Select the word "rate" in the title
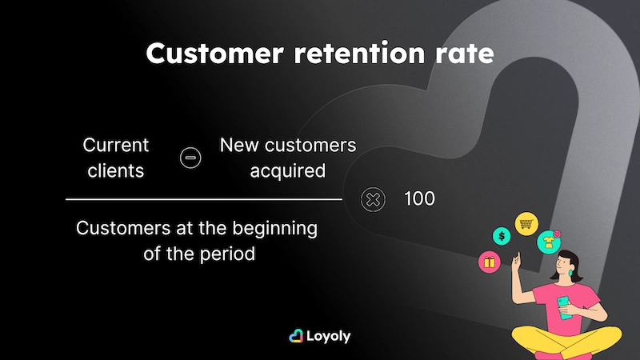pyautogui.click(x=465, y=54)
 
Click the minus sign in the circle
pyautogui.click(x=190, y=157)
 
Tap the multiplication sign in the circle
pyautogui.click(x=373, y=199)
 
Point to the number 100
pyautogui.click(x=419, y=199)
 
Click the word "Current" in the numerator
pyautogui.click(x=116, y=146)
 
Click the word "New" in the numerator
pyautogui.click(x=237, y=146)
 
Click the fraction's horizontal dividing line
pyautogui.click(x=203, y=199)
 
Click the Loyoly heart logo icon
pyautogui.click(x=295, y=336)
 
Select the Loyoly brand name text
pyautogui.click(x=329, y=336)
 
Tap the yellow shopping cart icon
pyautogui.click(x=526, y=223)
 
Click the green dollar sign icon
pyautogui.click(x=502, y=237)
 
